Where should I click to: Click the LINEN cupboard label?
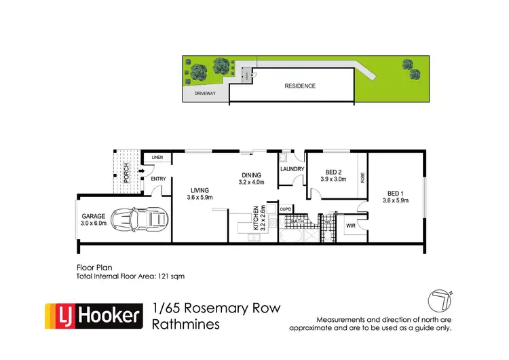157,158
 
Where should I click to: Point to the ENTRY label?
158,179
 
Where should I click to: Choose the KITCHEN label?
256,218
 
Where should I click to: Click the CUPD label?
286,209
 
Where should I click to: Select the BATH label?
297,221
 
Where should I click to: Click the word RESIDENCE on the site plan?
300,86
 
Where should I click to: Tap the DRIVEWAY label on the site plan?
205,94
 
